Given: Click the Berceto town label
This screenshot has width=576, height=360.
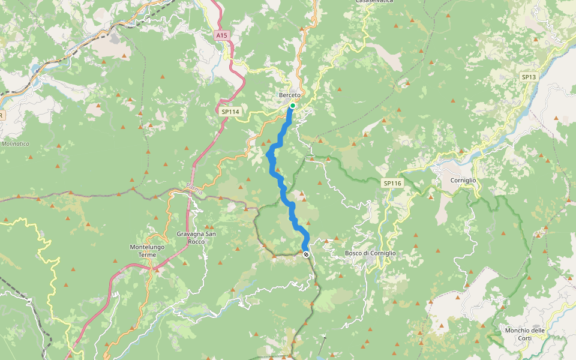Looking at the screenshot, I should click(289, 95).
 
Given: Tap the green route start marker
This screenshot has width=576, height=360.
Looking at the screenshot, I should click(293, 106).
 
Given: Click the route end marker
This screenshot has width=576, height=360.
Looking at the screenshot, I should click(306, 254).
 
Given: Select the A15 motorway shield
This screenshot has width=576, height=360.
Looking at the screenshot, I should click(222, 35).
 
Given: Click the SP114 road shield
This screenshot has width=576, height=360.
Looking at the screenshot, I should click(230, 112).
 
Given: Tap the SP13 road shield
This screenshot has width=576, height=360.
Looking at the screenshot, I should click(529, 77).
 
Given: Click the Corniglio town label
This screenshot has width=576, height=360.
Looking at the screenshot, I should click(463, 180).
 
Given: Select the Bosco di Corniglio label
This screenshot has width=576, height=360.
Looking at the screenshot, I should click(370, 253).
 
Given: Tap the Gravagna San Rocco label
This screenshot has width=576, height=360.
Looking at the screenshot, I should click(196, 238).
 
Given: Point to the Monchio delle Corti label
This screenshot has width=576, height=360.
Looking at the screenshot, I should click(524, 334).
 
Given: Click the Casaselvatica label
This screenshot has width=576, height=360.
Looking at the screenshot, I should click(374, 2).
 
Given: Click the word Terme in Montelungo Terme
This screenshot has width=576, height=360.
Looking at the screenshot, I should click(147, 254).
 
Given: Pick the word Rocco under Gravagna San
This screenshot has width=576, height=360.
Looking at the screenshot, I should click(196, 241).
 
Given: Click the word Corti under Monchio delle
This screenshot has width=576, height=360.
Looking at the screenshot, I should click(524, 338).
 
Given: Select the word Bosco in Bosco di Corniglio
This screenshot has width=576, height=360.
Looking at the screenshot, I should click(354, 253).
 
